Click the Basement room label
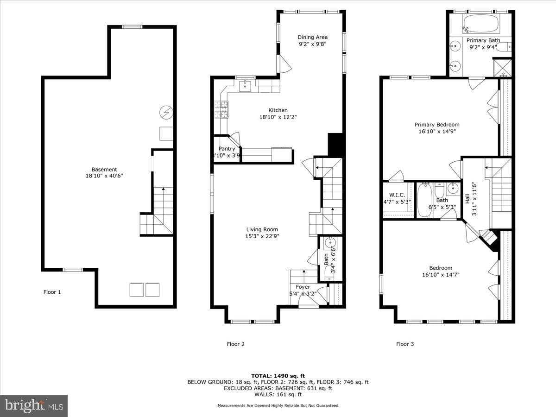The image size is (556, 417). pos(104,170)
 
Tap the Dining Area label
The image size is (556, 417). pos(312,38)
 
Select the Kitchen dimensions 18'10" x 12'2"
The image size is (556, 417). pos(278,117)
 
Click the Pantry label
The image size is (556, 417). pos(227,149)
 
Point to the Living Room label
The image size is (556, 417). pos(262,229)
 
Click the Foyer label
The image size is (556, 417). pos(303,287)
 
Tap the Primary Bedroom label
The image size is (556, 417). pos(436,125)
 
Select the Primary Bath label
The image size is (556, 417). pos(483,41)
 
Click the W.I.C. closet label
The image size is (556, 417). pos(397,195)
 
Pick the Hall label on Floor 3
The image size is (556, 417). pos(468,205)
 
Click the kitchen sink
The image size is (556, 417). pos(246,85)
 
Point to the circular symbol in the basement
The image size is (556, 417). pos(166,112)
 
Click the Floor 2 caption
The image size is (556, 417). pos(235,344)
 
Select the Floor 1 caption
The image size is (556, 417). pos(52,292)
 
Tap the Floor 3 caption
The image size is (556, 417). pos(405,344)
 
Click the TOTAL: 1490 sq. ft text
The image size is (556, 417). pos(278,376)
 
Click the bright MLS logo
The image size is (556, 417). pos(34,405)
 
